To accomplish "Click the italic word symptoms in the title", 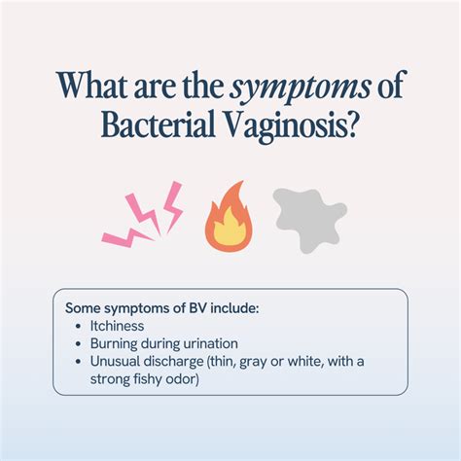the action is coord(300,87).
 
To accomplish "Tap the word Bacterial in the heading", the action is coord(158,124).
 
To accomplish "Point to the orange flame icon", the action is coord(229,217).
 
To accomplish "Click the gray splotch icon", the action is coord(309,220).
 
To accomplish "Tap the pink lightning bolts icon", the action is coord(143,214).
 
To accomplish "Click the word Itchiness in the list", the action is coord(117,326).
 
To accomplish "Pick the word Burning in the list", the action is coord(114,344).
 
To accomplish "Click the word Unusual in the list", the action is coord(115,361).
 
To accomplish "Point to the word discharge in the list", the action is coord(173,362).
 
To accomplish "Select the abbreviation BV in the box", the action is coord(197,308).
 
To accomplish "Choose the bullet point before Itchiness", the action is coord(78,326).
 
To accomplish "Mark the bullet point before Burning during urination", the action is coord(78,343).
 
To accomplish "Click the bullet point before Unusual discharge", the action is coord(78,361).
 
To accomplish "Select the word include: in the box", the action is coord(234,308).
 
